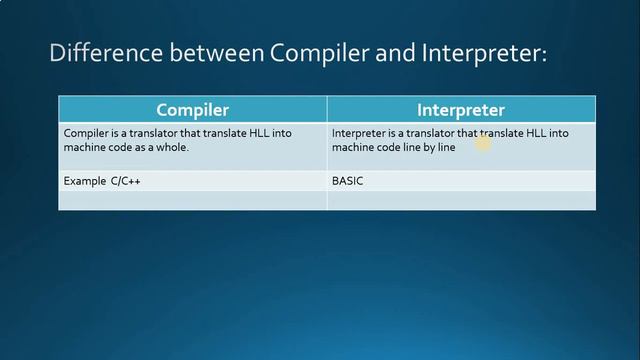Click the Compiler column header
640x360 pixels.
point(193,110)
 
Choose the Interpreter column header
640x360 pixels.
point(461,110)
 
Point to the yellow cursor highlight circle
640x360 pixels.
point(485,143)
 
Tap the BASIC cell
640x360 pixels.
point(348,182)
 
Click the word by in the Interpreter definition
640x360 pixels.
point(430,147)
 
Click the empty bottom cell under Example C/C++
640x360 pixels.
point(193,201)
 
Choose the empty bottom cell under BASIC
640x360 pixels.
point(461,201)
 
